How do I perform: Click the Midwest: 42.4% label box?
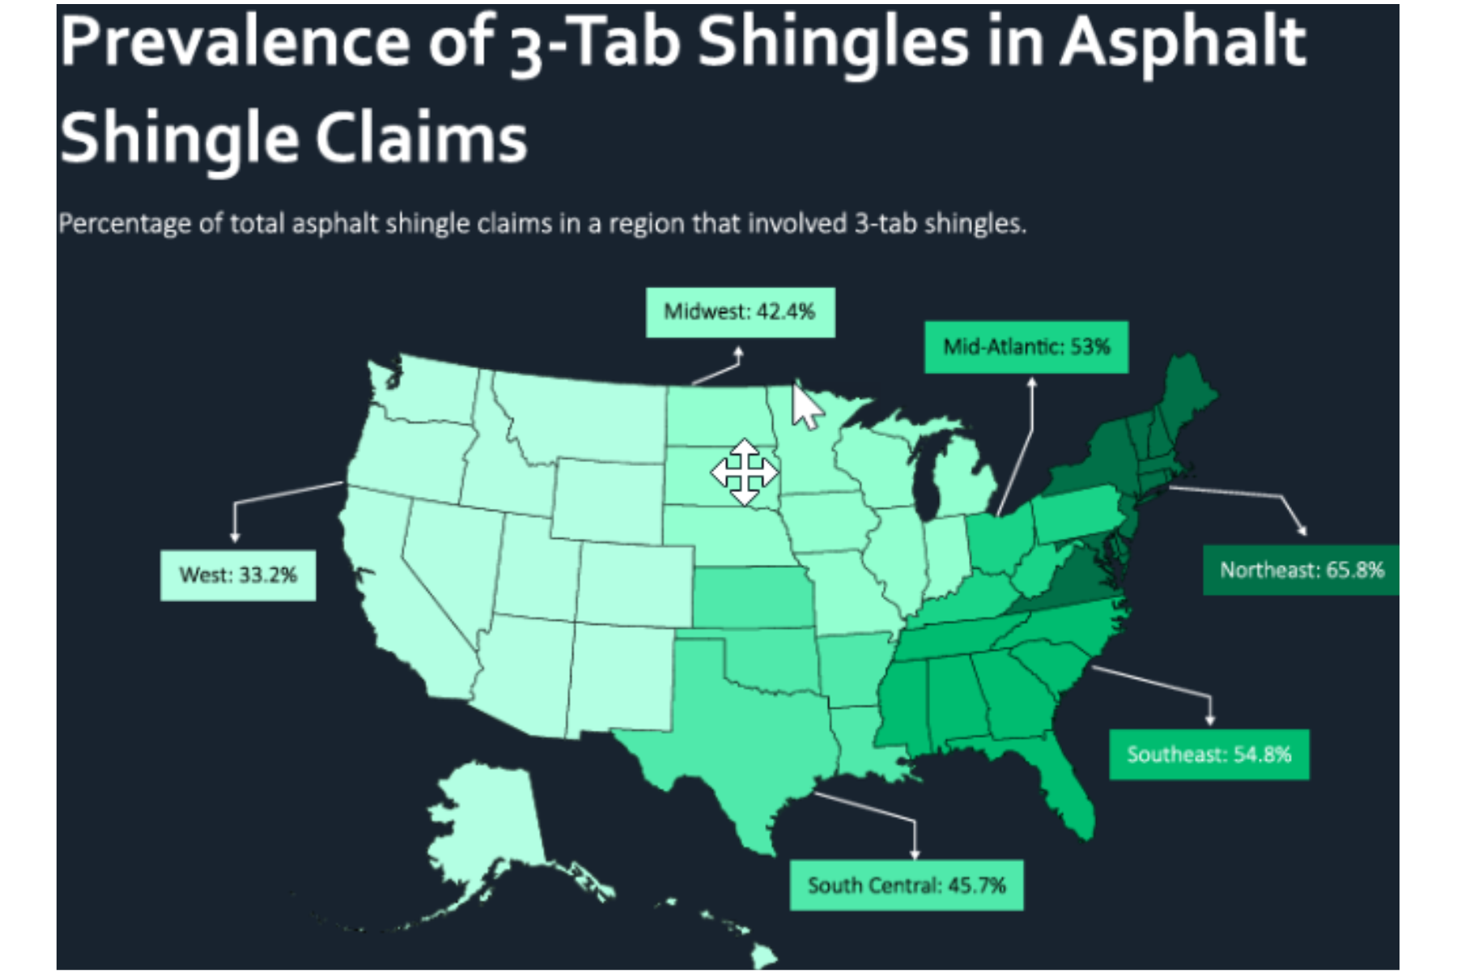[740, 312]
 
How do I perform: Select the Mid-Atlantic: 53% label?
[1026, 347]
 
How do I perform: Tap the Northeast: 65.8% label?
[1301, 570]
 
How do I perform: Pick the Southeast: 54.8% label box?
[1209, 755]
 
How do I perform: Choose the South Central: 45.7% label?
[906, 885]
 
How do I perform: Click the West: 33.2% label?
[238, 575]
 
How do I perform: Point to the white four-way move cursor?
[744, 473]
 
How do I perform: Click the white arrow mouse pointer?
[805, 407]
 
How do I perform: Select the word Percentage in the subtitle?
[125, 223]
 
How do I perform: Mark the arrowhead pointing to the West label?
[235, 536]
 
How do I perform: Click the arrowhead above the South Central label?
[915, 854]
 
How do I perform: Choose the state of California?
[389, 599]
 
